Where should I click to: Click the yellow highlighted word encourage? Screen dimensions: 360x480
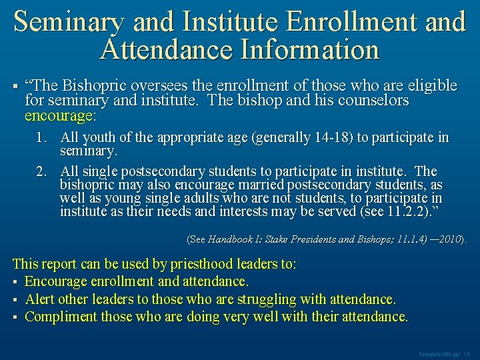(x=59, y=116)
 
